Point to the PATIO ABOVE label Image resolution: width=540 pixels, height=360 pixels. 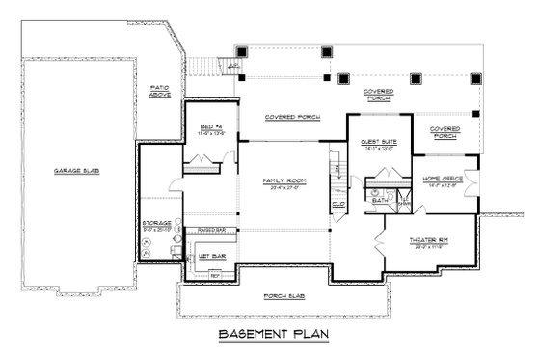tap(160, 92)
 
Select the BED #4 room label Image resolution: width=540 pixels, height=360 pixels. tap(212, 126)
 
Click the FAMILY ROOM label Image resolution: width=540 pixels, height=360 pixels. tap(284, 180)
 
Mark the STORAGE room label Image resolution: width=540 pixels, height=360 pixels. tap(157, 222)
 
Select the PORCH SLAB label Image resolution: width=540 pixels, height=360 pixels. tap(286, 296)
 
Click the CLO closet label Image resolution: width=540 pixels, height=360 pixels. tap(338, 205)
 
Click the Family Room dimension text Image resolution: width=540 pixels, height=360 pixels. tap(284, 188)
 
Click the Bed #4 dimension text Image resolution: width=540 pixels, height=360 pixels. tap(212, 133)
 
